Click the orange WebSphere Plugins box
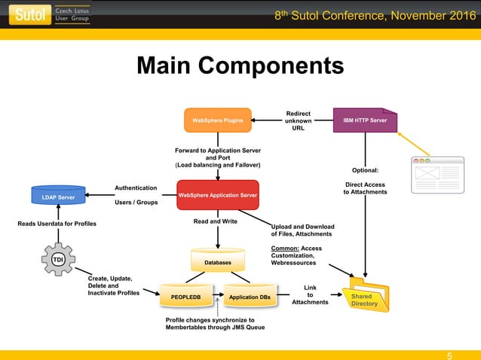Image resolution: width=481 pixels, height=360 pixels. coord(217,120)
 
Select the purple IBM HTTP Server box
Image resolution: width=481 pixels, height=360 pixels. coord(365,120)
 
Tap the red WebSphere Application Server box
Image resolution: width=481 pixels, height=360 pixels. coord(217,196)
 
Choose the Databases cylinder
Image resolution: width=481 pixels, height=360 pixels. coord(217,261)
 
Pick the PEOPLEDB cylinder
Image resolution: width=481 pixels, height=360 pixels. coord(185,297)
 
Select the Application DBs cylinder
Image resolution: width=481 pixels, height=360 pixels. coord(250,297)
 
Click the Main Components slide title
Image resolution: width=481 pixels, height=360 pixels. coord(240,66)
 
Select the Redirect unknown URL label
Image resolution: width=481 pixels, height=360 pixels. coord(299,121)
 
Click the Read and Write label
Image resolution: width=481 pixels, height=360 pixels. coord(215,221)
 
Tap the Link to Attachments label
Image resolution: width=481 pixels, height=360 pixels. coord(310,294)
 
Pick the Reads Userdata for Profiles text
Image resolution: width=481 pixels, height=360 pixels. coord(57,224)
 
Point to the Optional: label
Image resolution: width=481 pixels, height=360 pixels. coord(366,170)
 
